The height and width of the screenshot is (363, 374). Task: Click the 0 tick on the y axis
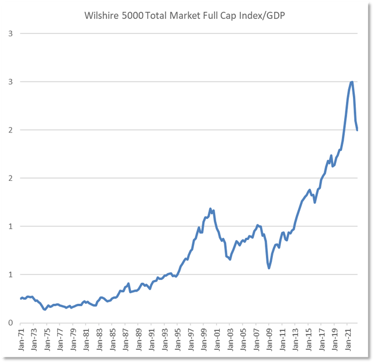click(11, 323)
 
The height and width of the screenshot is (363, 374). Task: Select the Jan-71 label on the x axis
click(22, 340)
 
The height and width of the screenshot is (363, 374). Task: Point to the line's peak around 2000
click(210, 208)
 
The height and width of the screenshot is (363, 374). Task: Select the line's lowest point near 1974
click(45, 310)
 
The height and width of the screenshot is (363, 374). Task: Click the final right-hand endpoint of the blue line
click(357, 130)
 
